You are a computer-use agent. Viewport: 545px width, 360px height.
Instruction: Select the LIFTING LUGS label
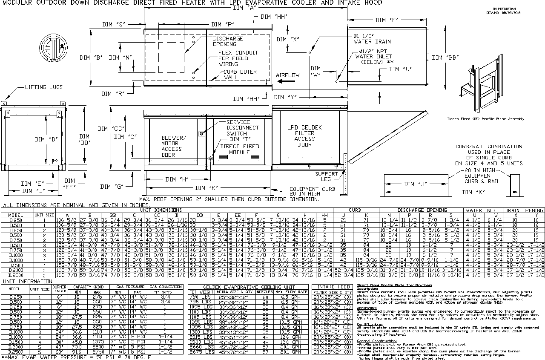[x=43, y=87]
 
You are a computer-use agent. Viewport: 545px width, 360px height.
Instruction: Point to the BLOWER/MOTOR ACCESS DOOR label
[x=174, y=146]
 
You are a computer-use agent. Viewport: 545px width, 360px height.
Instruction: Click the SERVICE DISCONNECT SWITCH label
[x=242, y=128]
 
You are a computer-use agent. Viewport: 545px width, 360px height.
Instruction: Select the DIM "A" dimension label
[x=244, y=8]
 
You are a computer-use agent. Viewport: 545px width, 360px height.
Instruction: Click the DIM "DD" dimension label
[x=85, y=140]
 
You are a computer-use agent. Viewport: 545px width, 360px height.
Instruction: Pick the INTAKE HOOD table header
[x=332, y=287]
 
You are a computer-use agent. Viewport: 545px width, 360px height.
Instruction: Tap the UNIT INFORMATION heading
[x=28, y=282]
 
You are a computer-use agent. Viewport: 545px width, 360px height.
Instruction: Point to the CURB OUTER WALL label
[x=238, y=75]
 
